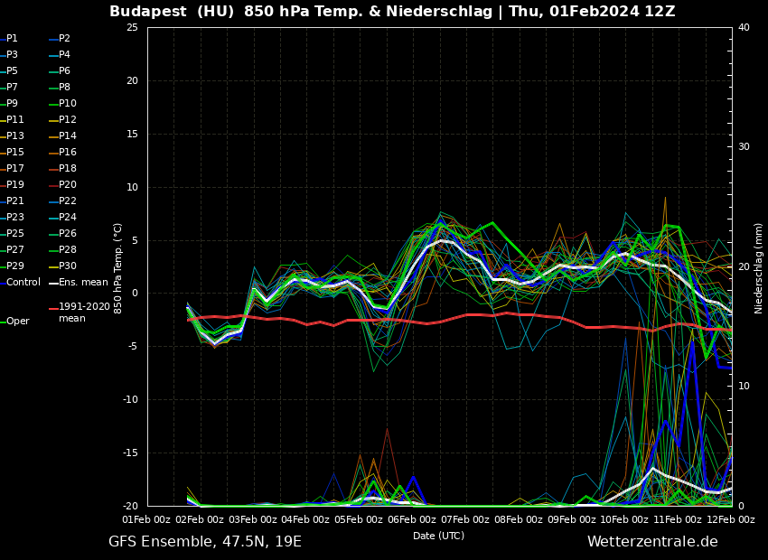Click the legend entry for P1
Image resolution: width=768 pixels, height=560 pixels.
12,39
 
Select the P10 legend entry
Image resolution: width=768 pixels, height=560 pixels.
67,104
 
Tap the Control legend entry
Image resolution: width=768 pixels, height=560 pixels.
23,283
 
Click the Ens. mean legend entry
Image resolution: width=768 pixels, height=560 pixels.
82,283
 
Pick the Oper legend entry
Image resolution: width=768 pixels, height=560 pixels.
17,322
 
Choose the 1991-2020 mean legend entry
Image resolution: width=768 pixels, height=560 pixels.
84,313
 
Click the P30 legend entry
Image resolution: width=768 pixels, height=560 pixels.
67,266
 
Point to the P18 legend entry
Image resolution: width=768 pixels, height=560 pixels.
67,169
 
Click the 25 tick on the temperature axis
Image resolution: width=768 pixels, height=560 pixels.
132,27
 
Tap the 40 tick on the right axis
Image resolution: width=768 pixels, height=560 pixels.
744,27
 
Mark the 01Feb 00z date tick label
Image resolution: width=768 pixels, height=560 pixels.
146,520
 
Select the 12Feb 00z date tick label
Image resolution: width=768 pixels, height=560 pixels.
731,520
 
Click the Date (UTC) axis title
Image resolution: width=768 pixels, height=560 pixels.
438,537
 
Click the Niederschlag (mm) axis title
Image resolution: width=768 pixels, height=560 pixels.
759,267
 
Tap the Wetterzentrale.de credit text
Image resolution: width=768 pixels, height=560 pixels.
652,542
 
